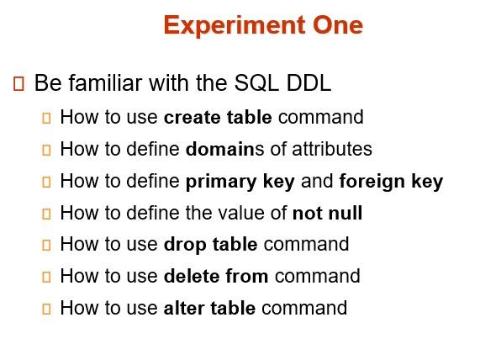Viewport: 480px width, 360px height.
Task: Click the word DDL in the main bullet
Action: click(x=309, y=83)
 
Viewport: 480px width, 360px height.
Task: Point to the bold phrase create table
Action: click(x=218, y=117)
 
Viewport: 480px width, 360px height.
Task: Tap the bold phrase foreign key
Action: click(x=391, y=182)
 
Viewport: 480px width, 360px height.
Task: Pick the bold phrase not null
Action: click(x=327, y=213)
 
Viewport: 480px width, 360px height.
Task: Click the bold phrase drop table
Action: click(x=210, y=245)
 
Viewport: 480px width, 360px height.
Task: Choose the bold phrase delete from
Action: click(x=216, y=276)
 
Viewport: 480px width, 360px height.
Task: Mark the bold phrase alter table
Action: click(x=209, y=308)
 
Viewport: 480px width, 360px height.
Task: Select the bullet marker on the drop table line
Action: click(x=47, y=246)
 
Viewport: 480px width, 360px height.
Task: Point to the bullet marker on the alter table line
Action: click(x=47, y=309)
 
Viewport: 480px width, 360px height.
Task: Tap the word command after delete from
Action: click(x=317, y=276)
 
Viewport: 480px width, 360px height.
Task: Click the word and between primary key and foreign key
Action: click(x=317, y=182)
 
